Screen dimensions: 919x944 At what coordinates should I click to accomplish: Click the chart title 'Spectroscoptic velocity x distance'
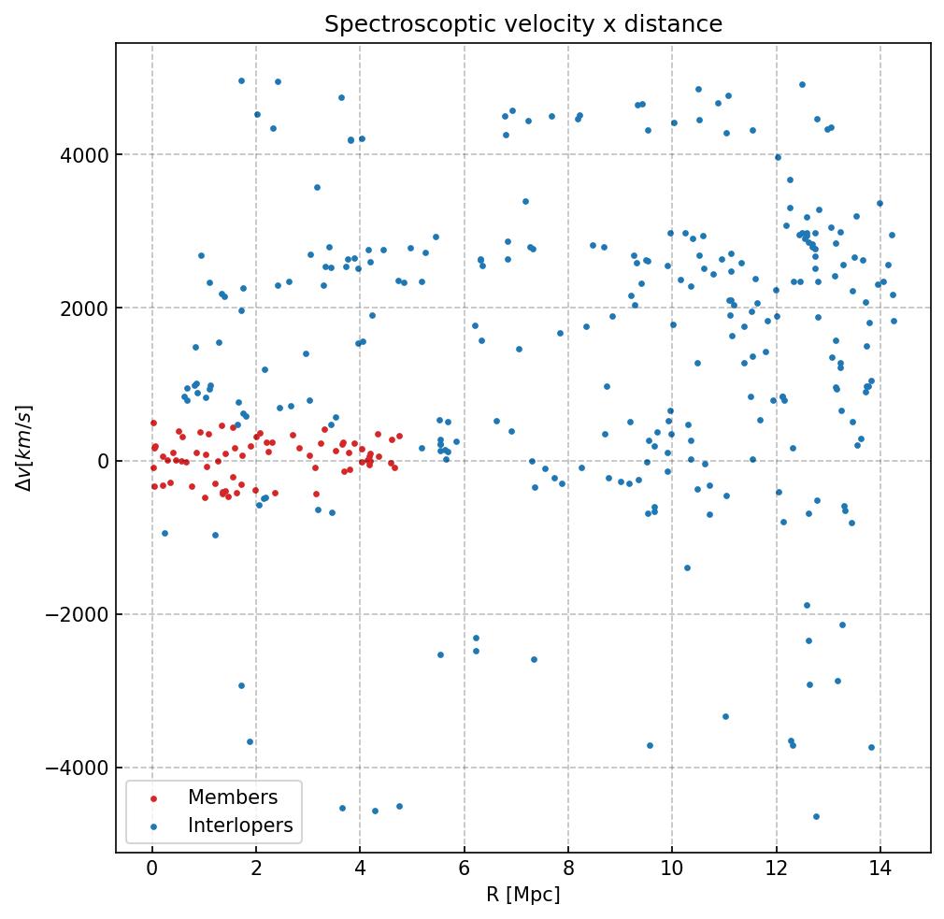tap(523, 24)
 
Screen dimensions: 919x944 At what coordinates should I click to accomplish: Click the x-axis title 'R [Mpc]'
tap(523, 895)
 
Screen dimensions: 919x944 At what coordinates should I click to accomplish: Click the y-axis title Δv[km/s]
tap(26, 447)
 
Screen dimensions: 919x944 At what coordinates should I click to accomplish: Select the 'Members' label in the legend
tap(233, 797)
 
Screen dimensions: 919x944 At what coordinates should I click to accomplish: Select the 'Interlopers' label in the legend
tap(240, 826)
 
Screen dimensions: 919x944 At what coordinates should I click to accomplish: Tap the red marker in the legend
tap(152, 798)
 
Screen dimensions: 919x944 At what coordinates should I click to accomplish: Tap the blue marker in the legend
tap(152, 826)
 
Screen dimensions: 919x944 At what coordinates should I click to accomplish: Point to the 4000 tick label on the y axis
tap(85, 154)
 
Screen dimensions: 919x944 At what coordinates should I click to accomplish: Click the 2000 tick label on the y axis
tap(85, 308)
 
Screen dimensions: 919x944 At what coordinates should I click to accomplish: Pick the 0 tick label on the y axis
tap(100, 461)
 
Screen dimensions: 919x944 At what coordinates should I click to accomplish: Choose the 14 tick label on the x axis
tap(880, 869)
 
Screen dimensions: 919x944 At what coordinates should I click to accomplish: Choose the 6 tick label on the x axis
tap(465, 869)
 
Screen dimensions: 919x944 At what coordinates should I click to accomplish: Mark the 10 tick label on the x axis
tap(672, 869)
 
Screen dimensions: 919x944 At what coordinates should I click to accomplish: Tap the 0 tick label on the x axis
tap(152, 869)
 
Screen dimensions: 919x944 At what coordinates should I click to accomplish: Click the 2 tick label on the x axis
tap(256, 869)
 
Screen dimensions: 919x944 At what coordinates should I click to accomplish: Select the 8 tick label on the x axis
tap(568, 869)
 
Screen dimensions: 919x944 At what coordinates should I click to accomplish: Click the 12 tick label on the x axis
tap(776, 869)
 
